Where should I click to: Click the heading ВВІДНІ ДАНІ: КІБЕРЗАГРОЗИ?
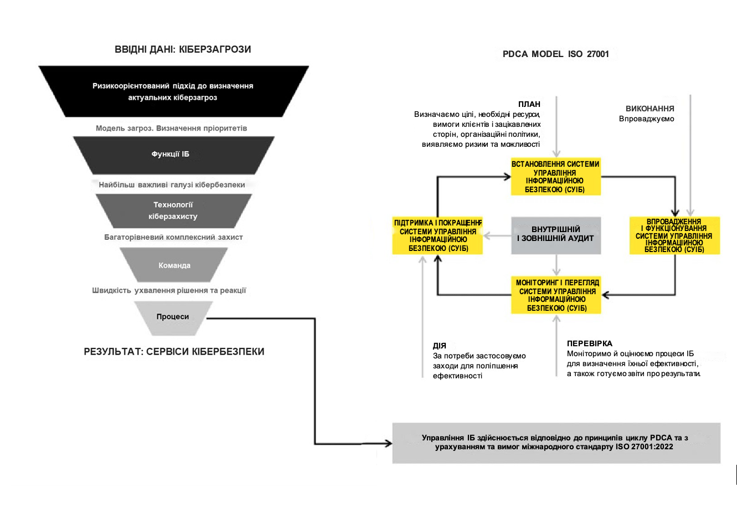[183, 49]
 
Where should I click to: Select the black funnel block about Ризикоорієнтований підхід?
[174, 91]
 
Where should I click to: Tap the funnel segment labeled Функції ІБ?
[174, 155]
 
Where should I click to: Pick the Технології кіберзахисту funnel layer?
[174, 211]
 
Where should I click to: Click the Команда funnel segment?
[174, 265]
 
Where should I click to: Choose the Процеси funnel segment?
[173, 318]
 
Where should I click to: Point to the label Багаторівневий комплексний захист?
[173, 237]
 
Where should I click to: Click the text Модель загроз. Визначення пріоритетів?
[172, 128]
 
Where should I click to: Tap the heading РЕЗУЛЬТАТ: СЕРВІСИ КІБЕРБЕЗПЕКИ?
[174, 352]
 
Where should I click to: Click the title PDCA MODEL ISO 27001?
[556, 54]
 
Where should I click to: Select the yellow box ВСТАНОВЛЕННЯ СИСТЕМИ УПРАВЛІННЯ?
[556, 177]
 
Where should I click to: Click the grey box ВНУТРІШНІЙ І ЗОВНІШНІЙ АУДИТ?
[556, 235]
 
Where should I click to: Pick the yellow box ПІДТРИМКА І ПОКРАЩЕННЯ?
[437, 235]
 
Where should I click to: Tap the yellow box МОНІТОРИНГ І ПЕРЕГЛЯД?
[556, 295]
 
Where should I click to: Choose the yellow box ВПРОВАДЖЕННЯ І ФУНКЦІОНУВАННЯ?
[674, 235]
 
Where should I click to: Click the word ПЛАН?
[529, 104]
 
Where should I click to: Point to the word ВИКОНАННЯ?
[650, 109]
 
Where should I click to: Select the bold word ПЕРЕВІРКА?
[589, 343]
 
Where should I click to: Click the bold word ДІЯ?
[440, 346]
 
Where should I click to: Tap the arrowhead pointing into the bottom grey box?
[389, 444]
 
